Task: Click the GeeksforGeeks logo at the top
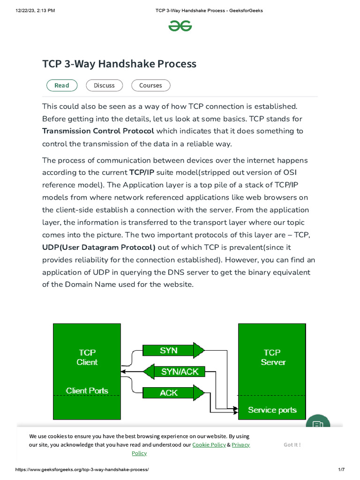tap(180, 26)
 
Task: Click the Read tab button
tap(62, 85)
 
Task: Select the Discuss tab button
tap(104, 85)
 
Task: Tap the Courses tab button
tap(150, 85)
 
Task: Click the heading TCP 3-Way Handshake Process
tap(119, 64)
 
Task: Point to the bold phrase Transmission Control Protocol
tap(98, 131)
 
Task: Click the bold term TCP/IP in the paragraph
tap(142, 173)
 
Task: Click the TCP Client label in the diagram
tap(87, 357)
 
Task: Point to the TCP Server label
tap(272, 357)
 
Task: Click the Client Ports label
tap(87, 390)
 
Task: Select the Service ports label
tap(272, 410)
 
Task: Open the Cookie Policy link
tap(209, 444)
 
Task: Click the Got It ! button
tap(292, 444)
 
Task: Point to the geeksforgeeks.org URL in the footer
tap(82, 470)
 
